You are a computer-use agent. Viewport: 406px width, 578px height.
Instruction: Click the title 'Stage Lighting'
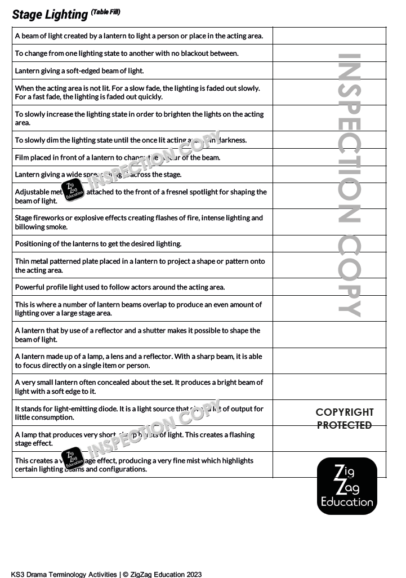click(x=50, y=15)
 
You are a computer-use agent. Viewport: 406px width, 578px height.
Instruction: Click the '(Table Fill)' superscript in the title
click(x=105, y=12)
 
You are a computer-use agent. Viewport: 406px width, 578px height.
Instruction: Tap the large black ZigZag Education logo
click(x=347, y=486)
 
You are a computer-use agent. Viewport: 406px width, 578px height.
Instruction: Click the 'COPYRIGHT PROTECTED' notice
click(x=345, y=419)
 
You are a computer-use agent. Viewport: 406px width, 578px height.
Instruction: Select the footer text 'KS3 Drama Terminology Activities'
click(x=64, y=574)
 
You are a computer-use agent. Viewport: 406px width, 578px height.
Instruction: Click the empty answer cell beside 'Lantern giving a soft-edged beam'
click(x=329, y=71)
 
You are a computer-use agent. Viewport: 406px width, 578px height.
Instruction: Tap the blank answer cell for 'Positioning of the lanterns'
click(x=329, y=244)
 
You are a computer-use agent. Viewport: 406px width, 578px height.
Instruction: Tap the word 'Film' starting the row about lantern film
click(x=22, y=158)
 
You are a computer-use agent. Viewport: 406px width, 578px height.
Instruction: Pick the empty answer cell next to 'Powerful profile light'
click(x=329, y=287)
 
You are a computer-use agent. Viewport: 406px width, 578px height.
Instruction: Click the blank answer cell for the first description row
click(x=329, y=36)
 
